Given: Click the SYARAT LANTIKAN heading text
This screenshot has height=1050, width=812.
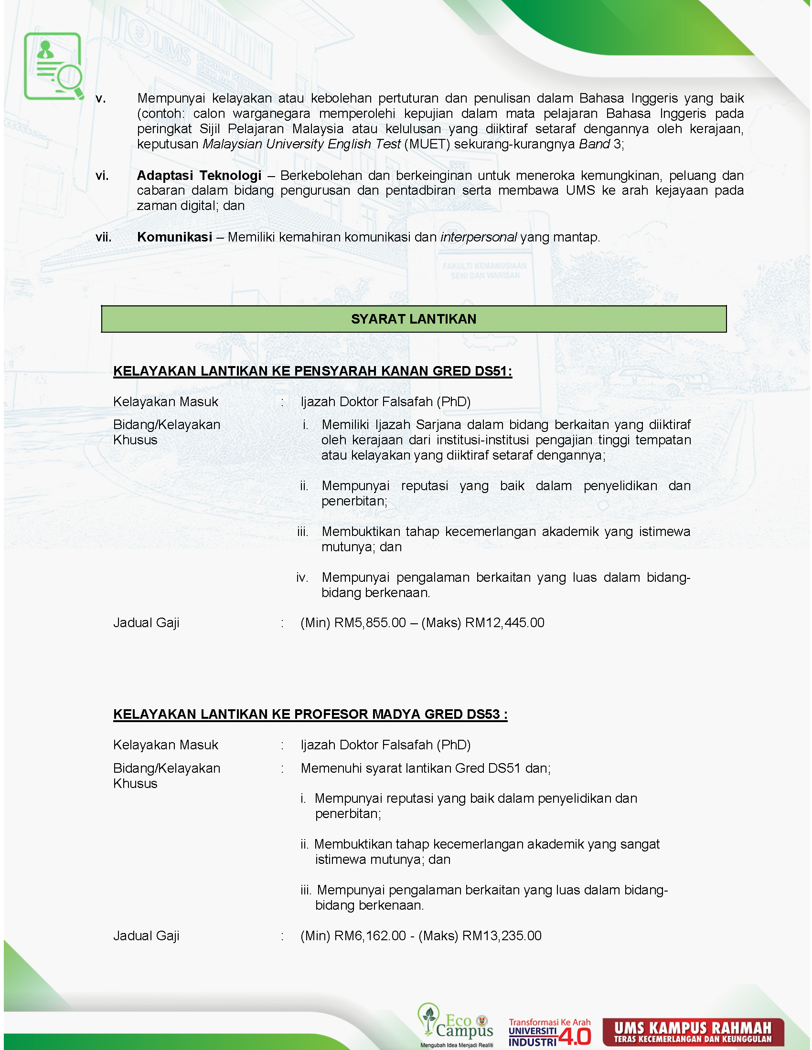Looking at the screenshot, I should (413, 319).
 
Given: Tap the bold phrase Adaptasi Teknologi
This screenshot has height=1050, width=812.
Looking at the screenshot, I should (199, 176).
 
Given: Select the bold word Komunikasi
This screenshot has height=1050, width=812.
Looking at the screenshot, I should (175, 237).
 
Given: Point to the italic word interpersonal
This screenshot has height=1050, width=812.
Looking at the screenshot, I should (478, 237).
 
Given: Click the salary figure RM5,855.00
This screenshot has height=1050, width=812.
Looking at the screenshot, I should (370, 622).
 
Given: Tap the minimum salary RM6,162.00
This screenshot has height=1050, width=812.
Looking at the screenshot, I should (370, 935).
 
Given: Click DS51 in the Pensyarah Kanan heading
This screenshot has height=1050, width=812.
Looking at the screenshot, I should (491, 371).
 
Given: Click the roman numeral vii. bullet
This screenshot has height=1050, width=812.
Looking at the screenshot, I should (104, 237).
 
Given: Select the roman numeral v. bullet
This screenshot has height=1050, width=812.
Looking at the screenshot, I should (100, 99).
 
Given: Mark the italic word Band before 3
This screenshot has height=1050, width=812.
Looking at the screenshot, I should (594, 144).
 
